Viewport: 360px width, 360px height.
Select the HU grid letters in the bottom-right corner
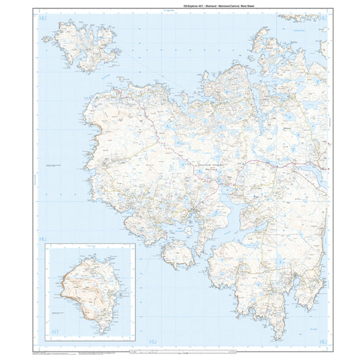click(x=322, y=340)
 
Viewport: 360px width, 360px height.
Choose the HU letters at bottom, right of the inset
click(x=142, y=340)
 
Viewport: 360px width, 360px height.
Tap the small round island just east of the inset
click(x=177, y=253)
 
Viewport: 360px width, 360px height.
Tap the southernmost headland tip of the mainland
click(x=279, y=338)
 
